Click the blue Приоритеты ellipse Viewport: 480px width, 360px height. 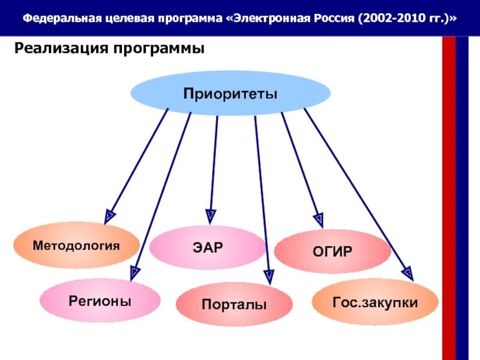[x=230, y=94]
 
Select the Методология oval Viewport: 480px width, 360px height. [x=76, y=245]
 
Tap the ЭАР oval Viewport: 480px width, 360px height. [x=206, y=247]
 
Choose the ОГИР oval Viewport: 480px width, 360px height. [x=332, y=251]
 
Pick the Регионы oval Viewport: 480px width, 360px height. [x=100, y=301]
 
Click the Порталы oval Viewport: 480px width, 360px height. [x=234, y=305]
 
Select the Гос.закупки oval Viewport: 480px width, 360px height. [x=375, y=302]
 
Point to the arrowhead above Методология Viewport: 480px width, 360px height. [x=109, y=216]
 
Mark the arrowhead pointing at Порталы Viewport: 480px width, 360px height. [x=269, y=276]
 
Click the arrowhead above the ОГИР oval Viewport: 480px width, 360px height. [x=319, y=220]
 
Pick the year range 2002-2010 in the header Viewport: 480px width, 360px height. [x=390, y=18]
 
